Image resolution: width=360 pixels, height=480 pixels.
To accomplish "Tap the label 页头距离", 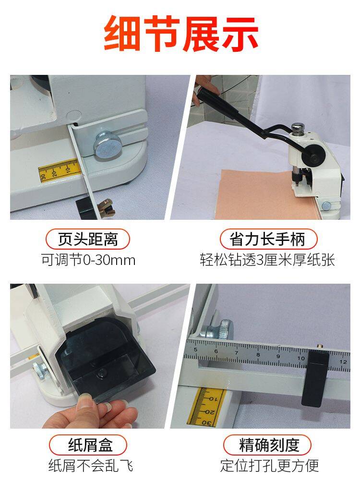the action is pos(88,239).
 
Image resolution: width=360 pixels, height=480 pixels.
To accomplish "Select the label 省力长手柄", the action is pos(268,239).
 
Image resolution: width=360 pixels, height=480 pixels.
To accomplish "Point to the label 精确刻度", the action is pos(268,445).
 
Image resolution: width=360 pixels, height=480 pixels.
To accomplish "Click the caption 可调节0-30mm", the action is pos(88,260).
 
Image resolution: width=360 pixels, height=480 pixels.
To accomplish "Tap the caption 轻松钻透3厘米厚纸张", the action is pos(267,260).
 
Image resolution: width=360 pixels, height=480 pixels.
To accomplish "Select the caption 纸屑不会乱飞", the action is pos(91,466).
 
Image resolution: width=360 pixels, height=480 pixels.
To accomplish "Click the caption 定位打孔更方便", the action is pos(270,466).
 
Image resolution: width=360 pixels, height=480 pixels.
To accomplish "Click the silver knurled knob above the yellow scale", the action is pos(107,145).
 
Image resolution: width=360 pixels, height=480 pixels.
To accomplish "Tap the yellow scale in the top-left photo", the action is pos(59,170).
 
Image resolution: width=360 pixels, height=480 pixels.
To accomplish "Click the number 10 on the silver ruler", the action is pos(301,358).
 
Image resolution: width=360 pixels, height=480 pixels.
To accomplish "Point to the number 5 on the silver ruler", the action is pos(195,350).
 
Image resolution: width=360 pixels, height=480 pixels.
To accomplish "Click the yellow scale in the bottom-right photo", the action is pos(206,408).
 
